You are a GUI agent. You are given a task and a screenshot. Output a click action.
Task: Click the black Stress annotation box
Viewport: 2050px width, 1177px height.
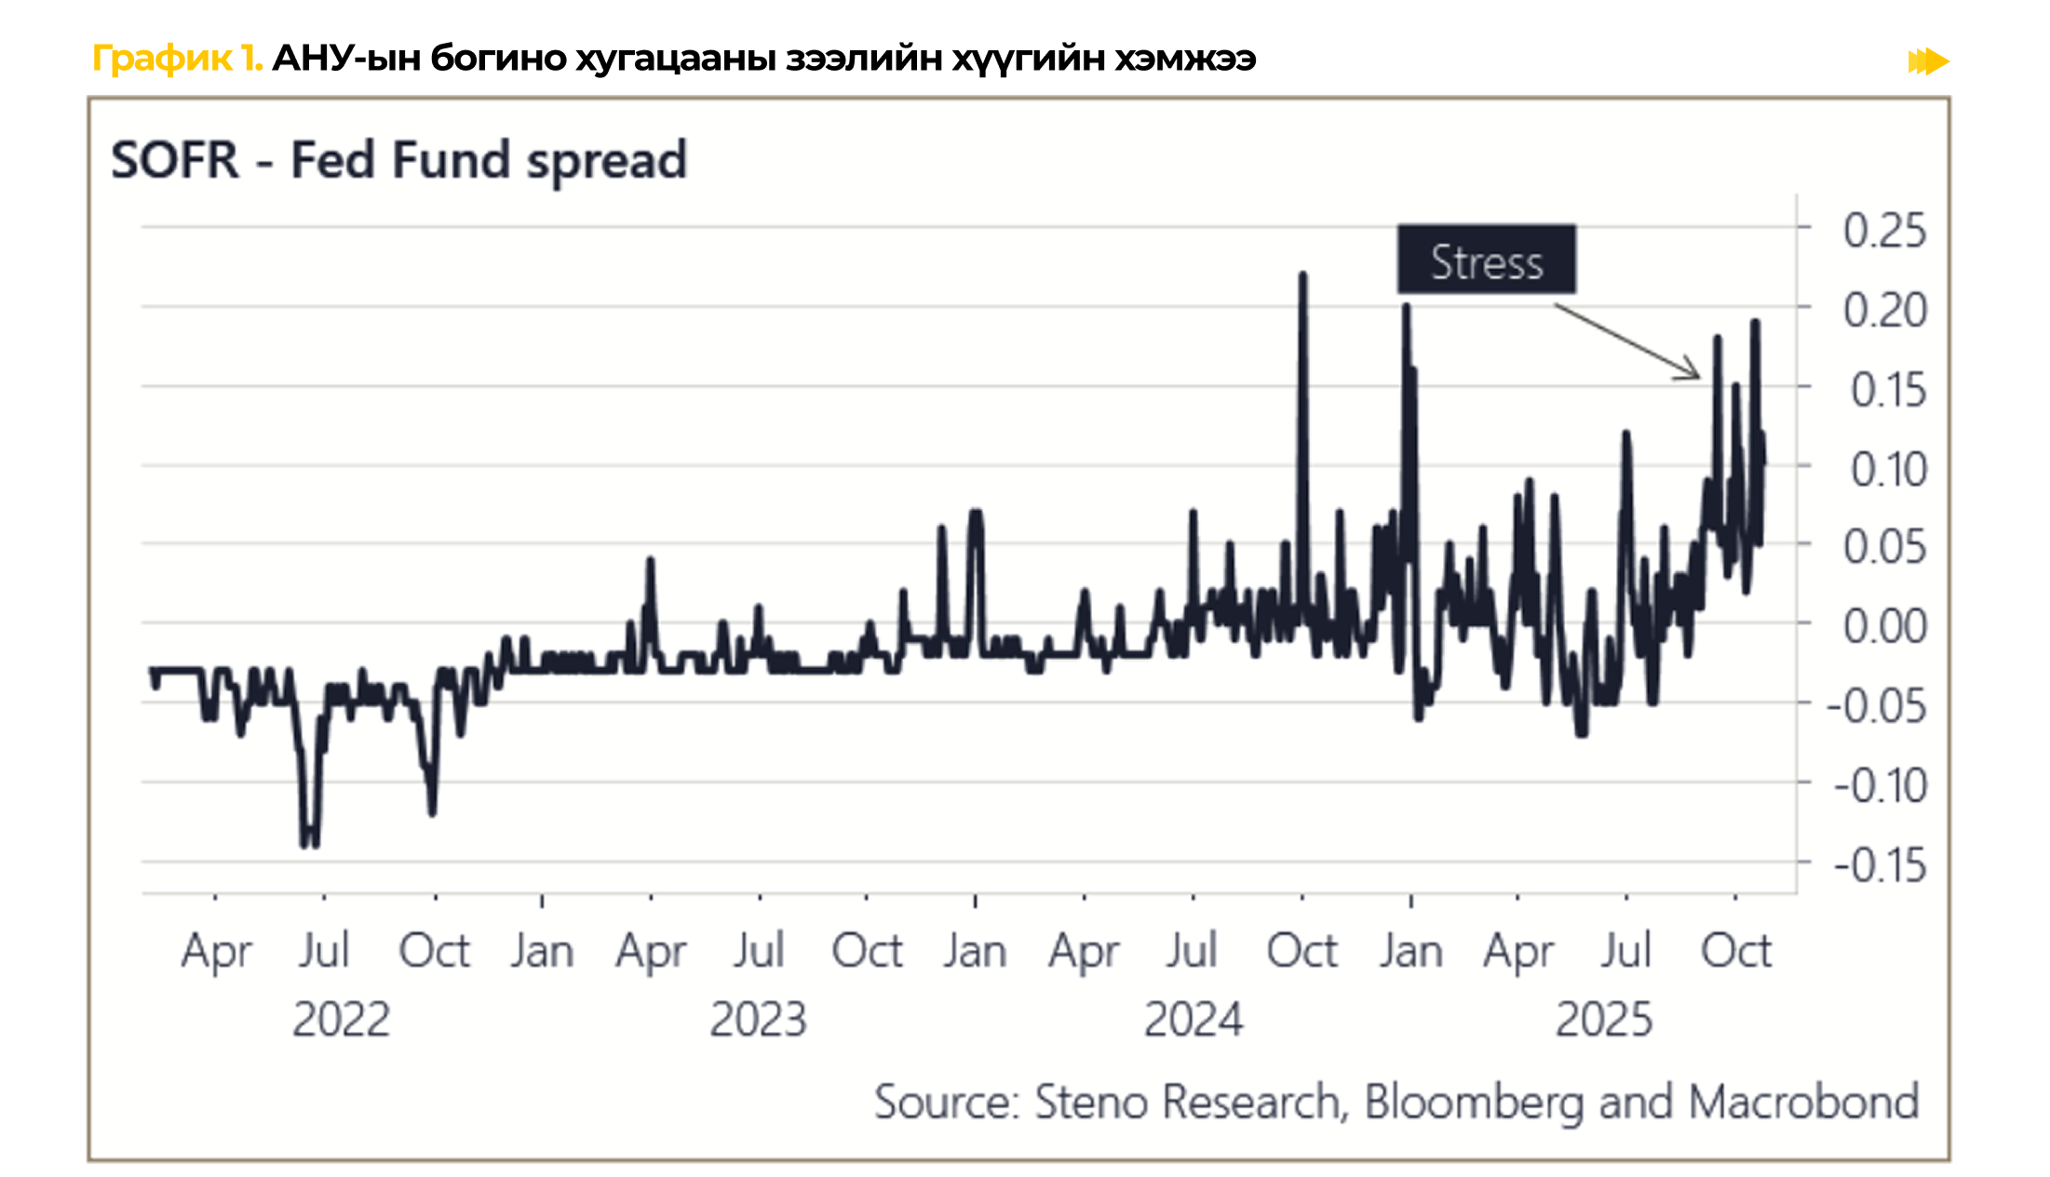[1486, 260]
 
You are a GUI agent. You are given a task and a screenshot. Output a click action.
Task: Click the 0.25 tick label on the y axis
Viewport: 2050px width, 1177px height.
[1884, 230]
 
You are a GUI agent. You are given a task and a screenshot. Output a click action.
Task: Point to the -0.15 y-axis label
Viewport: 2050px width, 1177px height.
[1877, 865]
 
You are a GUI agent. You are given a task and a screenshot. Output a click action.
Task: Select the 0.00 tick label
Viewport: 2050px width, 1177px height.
[1884, 626]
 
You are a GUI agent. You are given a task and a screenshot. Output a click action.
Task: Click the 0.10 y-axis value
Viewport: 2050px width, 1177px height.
[1887, 469]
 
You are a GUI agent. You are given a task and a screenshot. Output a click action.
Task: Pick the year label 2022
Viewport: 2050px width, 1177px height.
[341, 1019]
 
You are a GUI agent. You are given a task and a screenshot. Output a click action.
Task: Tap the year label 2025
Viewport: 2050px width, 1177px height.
[1604, 1019]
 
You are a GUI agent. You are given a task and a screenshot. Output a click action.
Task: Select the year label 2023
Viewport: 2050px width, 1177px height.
[758, 1019]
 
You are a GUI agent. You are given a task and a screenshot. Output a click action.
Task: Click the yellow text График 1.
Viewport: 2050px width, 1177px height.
[177, 59]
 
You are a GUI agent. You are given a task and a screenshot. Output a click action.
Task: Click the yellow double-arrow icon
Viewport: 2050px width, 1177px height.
[1928, 61]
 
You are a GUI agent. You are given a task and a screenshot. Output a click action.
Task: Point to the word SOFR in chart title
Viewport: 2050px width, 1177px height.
[175, 160]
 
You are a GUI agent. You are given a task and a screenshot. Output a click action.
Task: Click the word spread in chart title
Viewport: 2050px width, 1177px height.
[606, 162]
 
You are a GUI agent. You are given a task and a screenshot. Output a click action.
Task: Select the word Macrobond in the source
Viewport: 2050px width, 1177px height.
[1803, 1102]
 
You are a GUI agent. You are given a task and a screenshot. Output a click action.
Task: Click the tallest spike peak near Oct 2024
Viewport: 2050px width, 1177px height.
[1302, 275]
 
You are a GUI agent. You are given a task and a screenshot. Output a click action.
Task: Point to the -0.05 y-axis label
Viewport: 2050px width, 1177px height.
[1877, 706]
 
